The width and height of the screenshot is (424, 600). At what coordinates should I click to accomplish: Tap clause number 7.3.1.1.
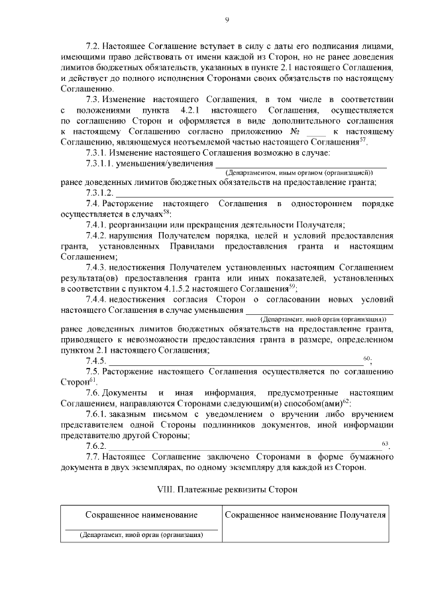pyautogui.click(x=103, y=163)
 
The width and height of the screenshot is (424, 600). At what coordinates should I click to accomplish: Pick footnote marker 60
pyautogui.click(x=368, y=358)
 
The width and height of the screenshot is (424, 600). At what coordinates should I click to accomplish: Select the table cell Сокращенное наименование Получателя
pyautogui.click(x=306, y=515)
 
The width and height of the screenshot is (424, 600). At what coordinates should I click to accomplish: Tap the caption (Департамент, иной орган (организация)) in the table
pyautogui.click(x=140, y=534)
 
